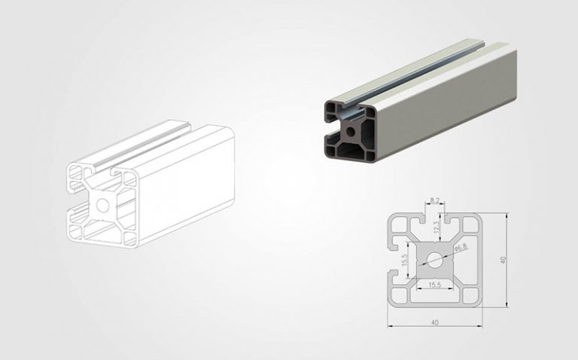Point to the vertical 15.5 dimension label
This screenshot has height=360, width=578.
[x=404, y=261]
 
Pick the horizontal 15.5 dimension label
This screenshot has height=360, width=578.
[x=435, y=285]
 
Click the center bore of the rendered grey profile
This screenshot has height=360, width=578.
[x=351, y=130]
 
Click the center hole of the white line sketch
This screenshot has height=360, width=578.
[x=102, y=204]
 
